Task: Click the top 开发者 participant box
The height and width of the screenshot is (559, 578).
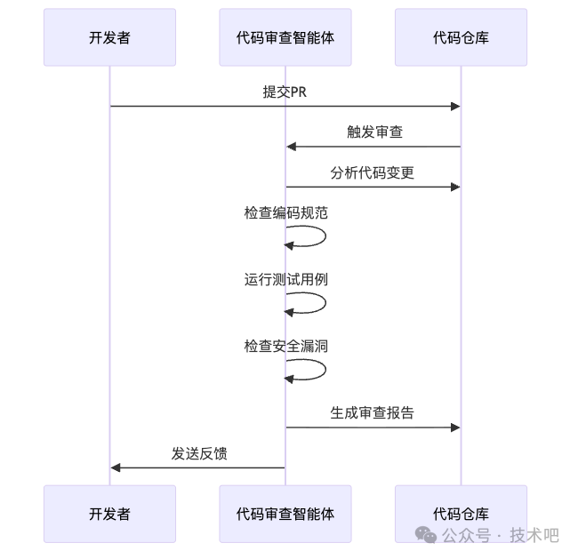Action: click(x=109, y=37)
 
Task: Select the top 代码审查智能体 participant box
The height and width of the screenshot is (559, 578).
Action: click(x=285, y=37)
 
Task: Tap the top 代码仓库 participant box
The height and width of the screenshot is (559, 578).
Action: click(x=461, y=37)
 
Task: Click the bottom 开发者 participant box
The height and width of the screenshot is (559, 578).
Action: click(x=109, y=514)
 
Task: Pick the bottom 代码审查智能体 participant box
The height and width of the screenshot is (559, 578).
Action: click(x=285, y=514)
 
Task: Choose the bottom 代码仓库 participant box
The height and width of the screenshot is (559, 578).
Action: click(x=461, y=514)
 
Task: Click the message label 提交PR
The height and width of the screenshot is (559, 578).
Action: click(x=285, y=92)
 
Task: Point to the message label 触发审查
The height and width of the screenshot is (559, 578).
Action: click(x=374, y=132)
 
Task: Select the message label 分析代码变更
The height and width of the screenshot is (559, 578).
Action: click(x=373, y=172)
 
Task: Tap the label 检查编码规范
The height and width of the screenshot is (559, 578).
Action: click(x=286, y=213)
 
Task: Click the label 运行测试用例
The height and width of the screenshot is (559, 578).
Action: click(x=286, y=279)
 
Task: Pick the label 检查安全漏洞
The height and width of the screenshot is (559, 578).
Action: click(x=286, y=346)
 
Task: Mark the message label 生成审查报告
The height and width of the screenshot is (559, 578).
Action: click(x=373, y=412)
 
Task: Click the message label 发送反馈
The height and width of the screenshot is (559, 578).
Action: click(x=199, y=453)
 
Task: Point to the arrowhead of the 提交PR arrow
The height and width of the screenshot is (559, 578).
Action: click(x=455, y=107)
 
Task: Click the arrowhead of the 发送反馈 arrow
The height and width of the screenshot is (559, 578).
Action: click(x=116, y=467)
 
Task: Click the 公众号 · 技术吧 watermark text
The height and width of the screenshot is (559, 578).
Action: click(x=501, y=535)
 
